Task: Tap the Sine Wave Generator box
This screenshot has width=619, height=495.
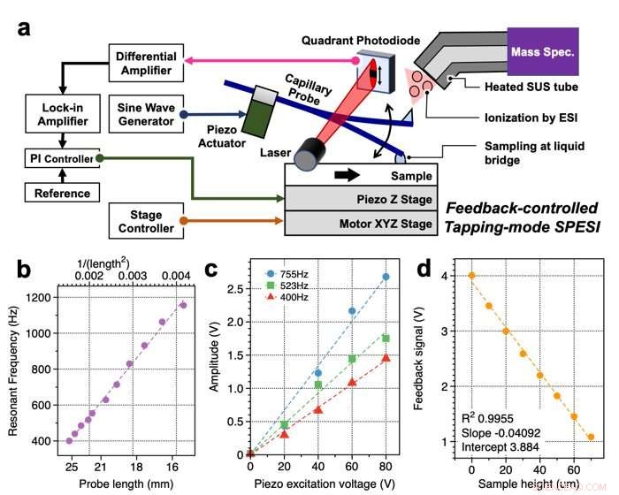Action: coord(148,115)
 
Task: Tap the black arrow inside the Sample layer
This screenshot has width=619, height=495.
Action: coord(352,175)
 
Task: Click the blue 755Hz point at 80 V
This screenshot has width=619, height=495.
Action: coord(386,277)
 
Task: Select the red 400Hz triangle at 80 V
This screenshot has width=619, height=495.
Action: coord(386,358)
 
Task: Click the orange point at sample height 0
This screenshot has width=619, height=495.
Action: coord(472,275)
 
